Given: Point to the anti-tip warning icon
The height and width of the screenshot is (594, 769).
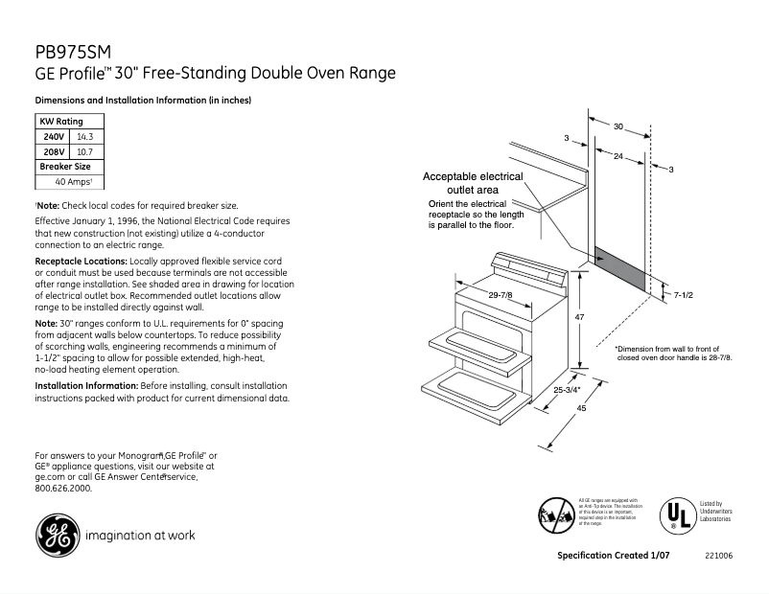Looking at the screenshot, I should (x=558, y=516).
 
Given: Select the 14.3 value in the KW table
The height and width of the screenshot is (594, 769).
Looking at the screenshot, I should (x=85, y=137).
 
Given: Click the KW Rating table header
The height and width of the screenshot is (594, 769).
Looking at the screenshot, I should (x=60, y=122).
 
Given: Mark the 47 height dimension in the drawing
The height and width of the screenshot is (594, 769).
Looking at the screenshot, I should (x=580, y=316).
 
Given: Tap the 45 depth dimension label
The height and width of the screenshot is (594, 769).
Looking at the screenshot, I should (x=581, y=409).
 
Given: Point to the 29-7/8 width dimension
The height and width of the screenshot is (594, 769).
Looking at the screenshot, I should (x=500, y=295).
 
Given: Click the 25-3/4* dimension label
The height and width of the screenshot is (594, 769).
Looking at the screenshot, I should (x=568, y=389).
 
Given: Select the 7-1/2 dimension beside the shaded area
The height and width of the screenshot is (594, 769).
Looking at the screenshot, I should (x=684, y=296).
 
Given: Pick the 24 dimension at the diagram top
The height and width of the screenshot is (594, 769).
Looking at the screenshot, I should (x=619, y=155).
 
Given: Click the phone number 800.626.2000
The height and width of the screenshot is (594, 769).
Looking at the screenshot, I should (x=63, y=488).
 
